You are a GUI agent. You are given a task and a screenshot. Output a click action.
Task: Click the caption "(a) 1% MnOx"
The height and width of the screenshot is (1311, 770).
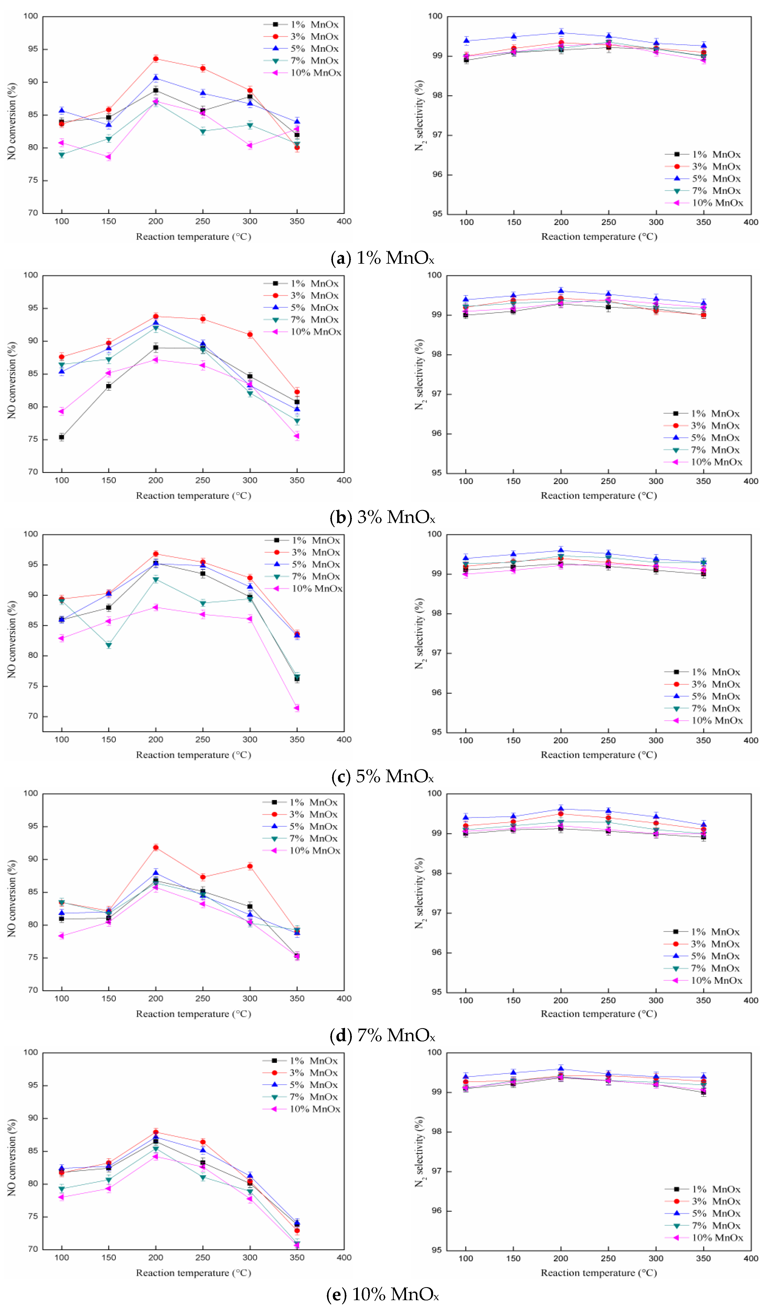pyautogui.click(x=382, y=258)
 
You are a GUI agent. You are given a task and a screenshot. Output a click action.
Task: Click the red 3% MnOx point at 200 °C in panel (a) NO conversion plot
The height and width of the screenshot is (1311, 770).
pyautogui.click(x=156, y=59)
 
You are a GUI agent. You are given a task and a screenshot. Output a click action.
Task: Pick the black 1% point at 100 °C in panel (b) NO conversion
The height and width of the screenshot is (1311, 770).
pyautogui.click(x=61, y=437)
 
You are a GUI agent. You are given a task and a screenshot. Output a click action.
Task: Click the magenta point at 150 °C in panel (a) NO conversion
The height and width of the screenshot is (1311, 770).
pyautogui.click(x=109, y=157)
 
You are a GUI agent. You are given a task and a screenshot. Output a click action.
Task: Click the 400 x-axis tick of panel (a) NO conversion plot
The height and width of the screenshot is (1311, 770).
pyautogui.click(x=344, y=221)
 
